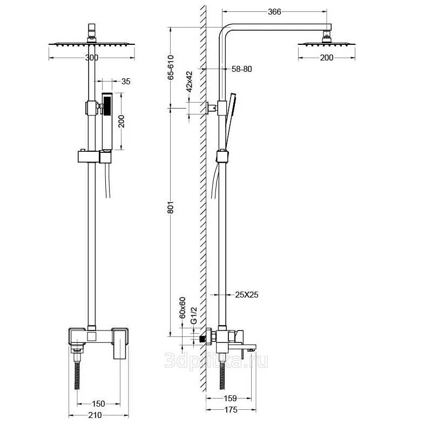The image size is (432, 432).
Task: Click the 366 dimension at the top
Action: [x=274, y=12]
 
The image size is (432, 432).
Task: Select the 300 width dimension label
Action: [x=92, y=58]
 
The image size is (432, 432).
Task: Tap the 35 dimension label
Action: [x=126, y=82]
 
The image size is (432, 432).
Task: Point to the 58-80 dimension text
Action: [x=241, y=69]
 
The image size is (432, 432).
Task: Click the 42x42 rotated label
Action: [x=190, y=82]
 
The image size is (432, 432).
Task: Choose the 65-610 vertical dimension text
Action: [x=171, y=67]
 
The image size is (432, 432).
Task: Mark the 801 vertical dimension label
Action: [x=171, y=207]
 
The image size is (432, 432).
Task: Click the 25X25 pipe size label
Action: [x=247, y=295]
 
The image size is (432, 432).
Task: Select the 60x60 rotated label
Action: [x=183, y=308]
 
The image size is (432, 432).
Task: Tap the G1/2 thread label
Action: [x=194, y=315]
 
